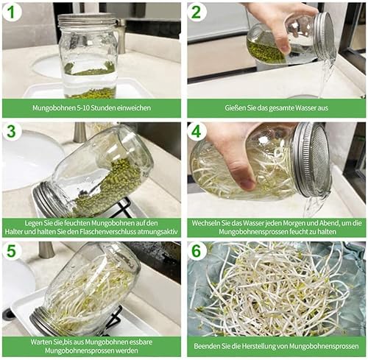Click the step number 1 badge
coord(12,12)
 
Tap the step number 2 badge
coord(196,12)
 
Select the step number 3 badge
coord(12,132)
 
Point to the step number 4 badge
coord(196,132)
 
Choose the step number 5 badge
coord(12,250)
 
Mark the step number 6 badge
coord(196,250)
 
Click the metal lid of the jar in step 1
coord(87,19)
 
